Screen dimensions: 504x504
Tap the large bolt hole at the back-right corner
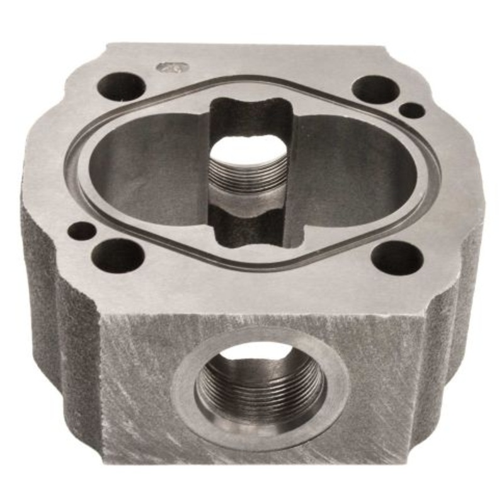(375, 89)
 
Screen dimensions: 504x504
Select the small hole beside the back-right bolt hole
(412, 110)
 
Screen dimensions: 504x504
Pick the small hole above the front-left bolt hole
(82, 231)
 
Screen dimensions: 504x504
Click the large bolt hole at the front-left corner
(118, 256)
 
